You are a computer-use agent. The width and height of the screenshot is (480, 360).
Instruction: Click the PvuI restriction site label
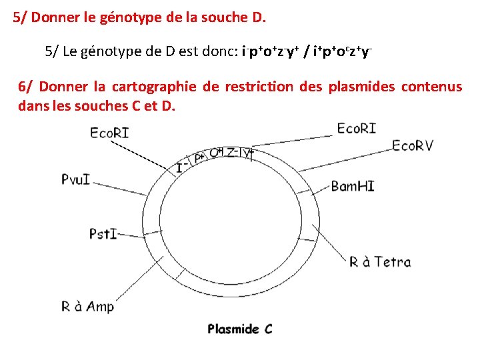click(75, 179)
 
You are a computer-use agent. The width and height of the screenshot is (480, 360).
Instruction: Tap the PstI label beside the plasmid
click(103, 233)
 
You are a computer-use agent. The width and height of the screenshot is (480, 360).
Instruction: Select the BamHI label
click(352, 185)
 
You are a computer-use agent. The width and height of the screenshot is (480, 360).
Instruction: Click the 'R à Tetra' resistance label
click(380, 262)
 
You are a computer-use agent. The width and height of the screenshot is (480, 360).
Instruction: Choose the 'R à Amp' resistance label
click(87, 306)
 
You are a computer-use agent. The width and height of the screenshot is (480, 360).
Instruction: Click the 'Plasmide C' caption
click(240, 329)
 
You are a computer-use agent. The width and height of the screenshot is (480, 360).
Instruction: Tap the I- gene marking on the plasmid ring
click(179, 168)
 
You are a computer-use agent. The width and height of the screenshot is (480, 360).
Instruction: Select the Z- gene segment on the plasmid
click(233, 153)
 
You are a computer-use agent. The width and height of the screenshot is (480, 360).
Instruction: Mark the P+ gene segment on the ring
click(199, 157)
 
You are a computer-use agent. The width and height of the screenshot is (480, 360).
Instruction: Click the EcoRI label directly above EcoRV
click(356, 127)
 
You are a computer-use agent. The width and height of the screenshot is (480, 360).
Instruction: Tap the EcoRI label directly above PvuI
click(109, 133)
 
